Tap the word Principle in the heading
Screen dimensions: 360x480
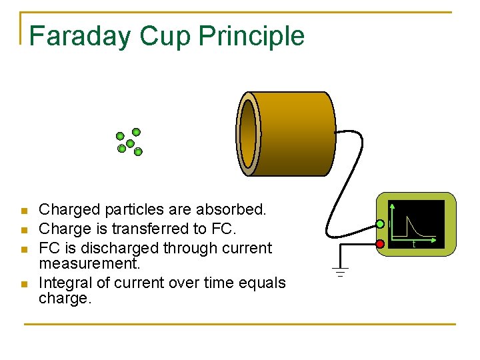[252, 36]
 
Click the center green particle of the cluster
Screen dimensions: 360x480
[130, 143]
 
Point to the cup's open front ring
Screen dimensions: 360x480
[248, 134]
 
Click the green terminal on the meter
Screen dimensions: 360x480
[380, 223]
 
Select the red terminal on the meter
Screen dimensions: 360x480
[380, 244]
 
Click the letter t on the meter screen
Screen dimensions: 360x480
[414, 245]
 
